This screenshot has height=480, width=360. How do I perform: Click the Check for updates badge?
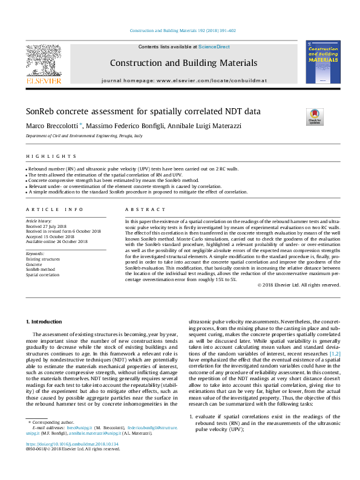[x=315, y=115]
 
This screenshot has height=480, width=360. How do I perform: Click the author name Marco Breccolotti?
[x=53, y=126]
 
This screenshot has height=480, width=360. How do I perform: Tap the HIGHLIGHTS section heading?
[x=43, y=156]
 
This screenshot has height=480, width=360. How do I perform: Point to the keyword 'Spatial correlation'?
[x=42, y=274]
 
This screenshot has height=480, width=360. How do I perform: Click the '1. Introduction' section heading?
[x=46, y=320]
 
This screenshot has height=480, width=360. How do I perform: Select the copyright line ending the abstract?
[x=298, y=285]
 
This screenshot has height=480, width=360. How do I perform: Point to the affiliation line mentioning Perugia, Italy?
[x=83, y=137]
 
